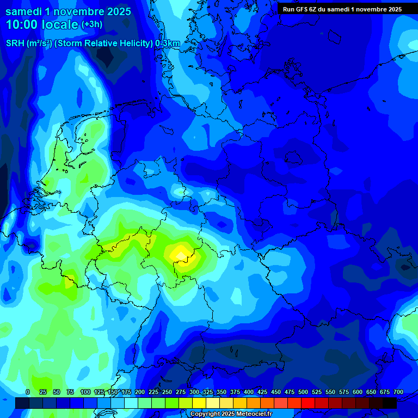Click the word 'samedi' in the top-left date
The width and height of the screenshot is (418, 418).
(24, 10)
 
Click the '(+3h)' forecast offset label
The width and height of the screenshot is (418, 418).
(91, 24)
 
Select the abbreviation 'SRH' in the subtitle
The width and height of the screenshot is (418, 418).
(15, 44)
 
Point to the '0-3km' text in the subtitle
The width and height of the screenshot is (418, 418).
(168, 44)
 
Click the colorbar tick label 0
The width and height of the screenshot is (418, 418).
(28, 392)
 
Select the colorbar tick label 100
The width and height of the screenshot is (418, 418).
(85, 392)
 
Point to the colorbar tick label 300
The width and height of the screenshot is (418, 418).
(194, 392)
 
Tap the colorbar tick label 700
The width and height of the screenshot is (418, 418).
(398, 392)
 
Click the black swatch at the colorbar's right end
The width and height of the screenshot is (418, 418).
(390, 403)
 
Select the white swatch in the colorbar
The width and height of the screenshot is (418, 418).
(131, 403)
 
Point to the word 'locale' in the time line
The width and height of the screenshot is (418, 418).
(59, 24)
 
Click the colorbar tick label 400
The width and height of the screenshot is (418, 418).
(249, 392)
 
